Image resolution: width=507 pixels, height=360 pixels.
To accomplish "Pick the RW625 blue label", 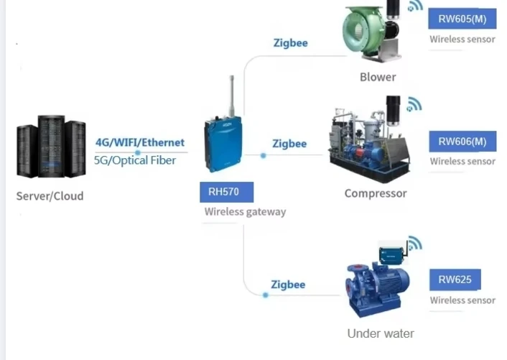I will (455, 280).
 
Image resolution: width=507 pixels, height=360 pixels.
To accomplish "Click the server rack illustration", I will (51, 148).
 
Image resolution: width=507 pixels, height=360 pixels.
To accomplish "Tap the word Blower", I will (378, 77).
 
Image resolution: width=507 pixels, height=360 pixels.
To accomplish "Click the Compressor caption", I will (376, 193).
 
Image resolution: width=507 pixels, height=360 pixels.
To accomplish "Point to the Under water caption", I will (381, 333).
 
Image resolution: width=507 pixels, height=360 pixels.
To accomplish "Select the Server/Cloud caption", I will (50, 195).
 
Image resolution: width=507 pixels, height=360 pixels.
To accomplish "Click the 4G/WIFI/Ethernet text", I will (140, 142).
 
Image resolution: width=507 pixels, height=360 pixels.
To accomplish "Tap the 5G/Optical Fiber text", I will (135, 160).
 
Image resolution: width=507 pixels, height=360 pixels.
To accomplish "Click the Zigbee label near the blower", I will (290, 43).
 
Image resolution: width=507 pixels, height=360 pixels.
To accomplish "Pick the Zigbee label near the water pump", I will (288, 285).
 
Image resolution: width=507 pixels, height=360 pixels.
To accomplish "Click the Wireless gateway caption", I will (245, 212).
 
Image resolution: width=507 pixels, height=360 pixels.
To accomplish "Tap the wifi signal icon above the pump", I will (414, 244).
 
